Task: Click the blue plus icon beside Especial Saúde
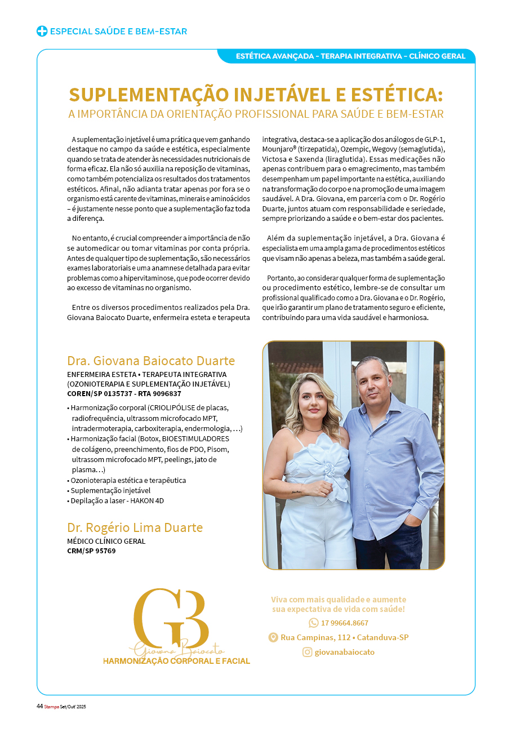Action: pyautogui.click(x=42, y=32)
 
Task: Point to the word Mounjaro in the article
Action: pyautogui.click(x=277, y=149)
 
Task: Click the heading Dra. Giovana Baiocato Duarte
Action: pyautogui.click(x=150, y=361)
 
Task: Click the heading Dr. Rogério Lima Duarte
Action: pyautogui.click(x=135, y=527)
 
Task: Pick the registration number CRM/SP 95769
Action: pyautogui.click(x=91, y=551)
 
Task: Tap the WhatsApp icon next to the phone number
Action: pyautogui.click(x=314, y=623)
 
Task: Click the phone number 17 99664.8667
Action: pyautogui.click(x=345, y=623)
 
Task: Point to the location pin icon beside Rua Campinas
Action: pyautogui.click(x=273, y=637)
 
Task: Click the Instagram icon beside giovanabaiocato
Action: pyautogui.click(x=308, y=652)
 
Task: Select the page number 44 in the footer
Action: pyautogui.click(x=39, y=707)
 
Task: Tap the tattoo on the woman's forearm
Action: pyautogui.click(x=296, y=492)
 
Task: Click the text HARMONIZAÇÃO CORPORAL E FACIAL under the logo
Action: pyautogui.click(x=176, y=661)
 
